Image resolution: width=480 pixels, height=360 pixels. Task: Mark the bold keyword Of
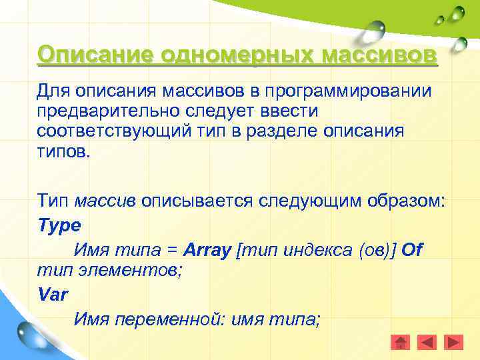point(412,250)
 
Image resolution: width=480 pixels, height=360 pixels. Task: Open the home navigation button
point(401,342)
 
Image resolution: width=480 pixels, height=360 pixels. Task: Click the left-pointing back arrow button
point(427,342)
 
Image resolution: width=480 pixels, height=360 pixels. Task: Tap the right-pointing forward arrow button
point(453,342)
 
